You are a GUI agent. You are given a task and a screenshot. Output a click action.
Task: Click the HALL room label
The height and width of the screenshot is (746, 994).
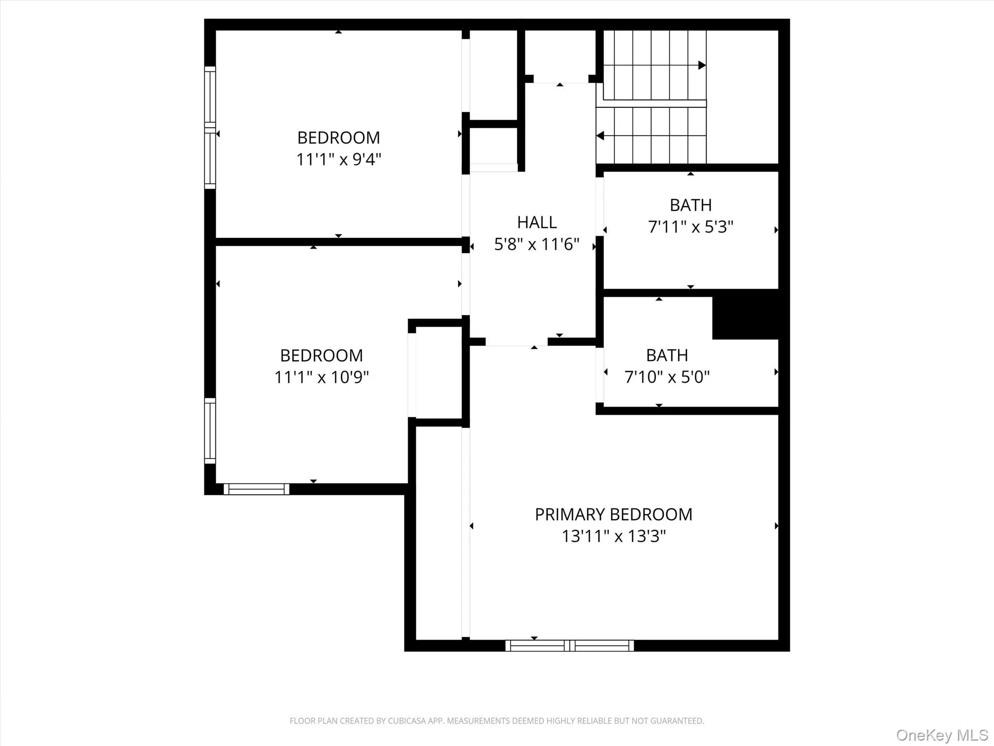[x=536, y=222]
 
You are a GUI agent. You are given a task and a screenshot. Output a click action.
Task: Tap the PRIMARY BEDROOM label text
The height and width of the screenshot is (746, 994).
[x=613, y=514]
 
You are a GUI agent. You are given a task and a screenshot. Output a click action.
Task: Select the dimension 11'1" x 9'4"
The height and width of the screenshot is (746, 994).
[x=339, y=159]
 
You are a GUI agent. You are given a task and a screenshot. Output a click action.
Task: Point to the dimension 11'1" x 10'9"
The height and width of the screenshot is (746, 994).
[x=322, y=377]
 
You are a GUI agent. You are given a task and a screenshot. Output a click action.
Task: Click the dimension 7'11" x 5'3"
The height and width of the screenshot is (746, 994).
[x=691, y=227]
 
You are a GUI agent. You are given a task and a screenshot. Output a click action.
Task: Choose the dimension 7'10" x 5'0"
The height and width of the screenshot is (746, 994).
[x=667, y=377]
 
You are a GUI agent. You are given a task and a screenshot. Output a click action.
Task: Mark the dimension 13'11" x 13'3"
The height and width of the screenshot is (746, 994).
[x=613, y=536]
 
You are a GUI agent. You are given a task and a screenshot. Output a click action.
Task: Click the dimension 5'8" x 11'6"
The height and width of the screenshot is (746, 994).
[x=536, y=244]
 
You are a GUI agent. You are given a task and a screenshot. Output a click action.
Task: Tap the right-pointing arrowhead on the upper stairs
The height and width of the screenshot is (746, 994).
[x=702, y=65]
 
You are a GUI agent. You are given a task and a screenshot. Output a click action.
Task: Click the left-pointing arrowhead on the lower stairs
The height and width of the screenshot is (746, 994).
[x=600, y=136]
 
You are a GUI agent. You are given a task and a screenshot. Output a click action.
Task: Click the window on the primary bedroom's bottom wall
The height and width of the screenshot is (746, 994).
[x=569, y=645]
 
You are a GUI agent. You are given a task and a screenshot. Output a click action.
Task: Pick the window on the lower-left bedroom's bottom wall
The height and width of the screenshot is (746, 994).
[x=256, y=489]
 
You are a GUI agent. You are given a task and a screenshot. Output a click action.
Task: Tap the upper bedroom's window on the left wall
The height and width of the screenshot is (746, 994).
[x=210, y=127]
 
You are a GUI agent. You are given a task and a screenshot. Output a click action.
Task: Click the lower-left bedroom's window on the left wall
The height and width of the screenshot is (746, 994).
[x=210, y=431]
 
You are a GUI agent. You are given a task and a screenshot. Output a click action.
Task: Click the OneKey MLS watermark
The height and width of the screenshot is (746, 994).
[x=942, y=735]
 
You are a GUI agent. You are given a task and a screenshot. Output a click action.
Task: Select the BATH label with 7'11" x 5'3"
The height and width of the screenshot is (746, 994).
[x=691, y=205]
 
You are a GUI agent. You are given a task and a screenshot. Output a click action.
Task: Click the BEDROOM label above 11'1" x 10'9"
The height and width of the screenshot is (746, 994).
[x=322, y=356]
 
